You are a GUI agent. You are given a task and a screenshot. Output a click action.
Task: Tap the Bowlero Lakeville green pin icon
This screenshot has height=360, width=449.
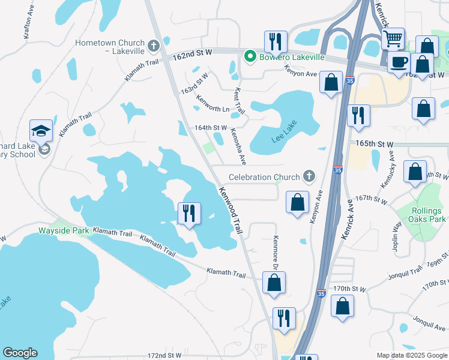tap(250, 57)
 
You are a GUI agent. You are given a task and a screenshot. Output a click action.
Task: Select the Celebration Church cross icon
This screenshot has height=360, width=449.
tap(309, 176)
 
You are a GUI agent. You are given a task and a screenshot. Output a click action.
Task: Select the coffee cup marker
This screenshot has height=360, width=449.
tap(399, 61)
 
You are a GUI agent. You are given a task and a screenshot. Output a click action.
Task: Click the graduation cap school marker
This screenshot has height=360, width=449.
tap(41, 131)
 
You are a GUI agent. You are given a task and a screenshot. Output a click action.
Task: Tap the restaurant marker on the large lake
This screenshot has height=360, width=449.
tap(190, 213)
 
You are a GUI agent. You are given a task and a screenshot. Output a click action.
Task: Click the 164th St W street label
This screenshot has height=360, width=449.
tap(211, 128)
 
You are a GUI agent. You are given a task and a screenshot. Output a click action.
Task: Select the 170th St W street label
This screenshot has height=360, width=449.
tap(350, 289)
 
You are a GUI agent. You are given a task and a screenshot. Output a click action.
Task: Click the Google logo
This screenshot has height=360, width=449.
tap(20, 353)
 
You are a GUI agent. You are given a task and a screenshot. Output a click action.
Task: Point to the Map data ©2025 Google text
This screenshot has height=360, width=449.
tap(411, 355)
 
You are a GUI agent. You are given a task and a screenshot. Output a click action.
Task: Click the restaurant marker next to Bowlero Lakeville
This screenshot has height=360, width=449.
tap(276, 41)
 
